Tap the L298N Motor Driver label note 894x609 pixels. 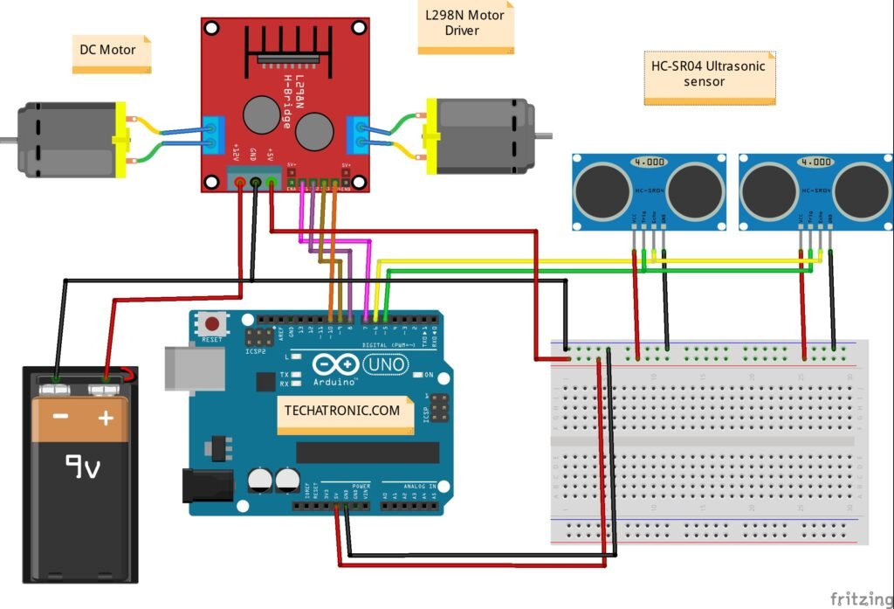465,27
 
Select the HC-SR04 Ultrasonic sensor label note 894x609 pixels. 710,78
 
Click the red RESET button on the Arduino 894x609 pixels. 210,322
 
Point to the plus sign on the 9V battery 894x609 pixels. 106,418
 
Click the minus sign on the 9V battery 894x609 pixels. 60,418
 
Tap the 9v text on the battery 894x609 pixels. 83,467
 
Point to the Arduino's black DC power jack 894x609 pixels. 206,486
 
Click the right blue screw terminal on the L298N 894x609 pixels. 355,136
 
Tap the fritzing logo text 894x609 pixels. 860,599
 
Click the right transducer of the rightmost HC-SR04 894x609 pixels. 862,190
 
